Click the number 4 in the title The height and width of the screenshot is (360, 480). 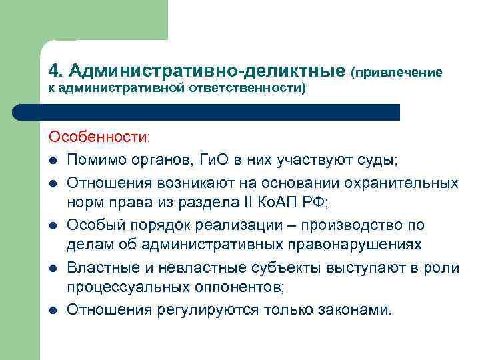click(x=54, y=70)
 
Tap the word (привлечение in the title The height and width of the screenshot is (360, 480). click(x=397, y=71)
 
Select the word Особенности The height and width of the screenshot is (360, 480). click(x=99, y=137)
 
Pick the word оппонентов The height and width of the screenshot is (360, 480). click(x=238, y=288)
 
